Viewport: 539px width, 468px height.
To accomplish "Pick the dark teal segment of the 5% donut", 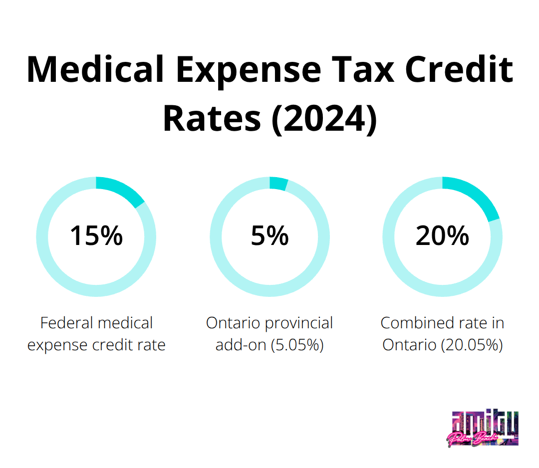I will click(x=278, y=184).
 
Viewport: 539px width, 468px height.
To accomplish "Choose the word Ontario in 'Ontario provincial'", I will click(x=233, y=323).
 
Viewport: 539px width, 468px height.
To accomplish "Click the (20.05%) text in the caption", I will click(x=471, y=345).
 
